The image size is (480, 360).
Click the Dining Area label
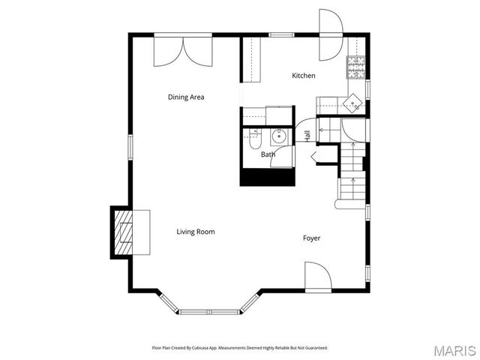click(186, 97)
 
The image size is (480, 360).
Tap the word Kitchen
click(304, 76)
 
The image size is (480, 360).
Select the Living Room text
click(196, 232)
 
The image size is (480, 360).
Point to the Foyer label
click(311, 238)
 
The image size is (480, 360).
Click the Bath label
click(268, 155)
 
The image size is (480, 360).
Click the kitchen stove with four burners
click(355, 68)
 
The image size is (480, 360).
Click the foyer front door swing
click(317, 276)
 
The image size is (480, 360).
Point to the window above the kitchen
click(280, 34)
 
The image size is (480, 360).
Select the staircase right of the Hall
click(352, 172)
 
